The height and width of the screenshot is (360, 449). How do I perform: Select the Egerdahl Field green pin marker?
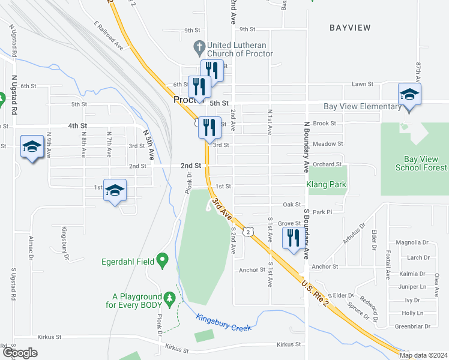pos(161,260)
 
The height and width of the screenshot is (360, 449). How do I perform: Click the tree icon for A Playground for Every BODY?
pos(170,297)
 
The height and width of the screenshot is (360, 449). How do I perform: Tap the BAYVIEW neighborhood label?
pos(350,28)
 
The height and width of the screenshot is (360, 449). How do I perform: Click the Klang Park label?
pos(327,185)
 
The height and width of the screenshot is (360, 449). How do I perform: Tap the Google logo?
pos(19,353)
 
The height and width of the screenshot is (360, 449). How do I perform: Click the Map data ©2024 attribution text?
pos(424,355)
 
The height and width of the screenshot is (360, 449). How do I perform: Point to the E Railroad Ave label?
pos(108,37)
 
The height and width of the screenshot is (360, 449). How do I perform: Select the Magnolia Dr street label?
pos(415,242)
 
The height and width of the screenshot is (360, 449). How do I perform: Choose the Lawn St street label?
pos(363,85)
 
